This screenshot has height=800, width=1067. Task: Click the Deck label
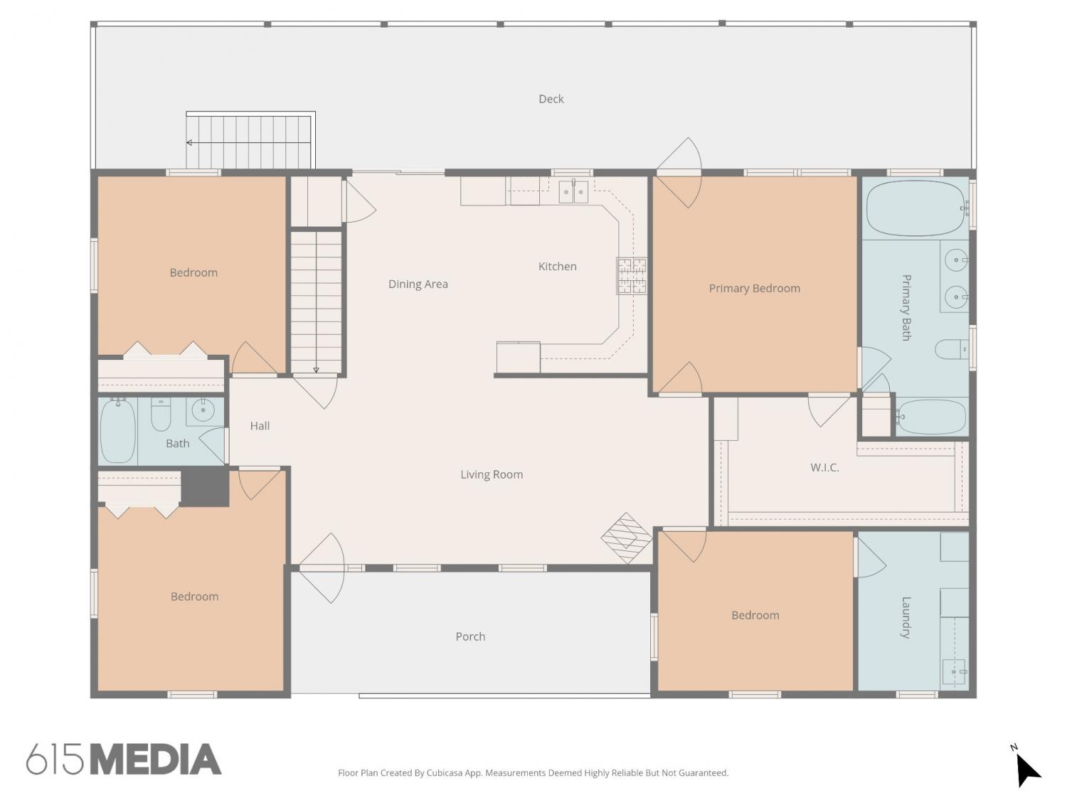coord(551,99)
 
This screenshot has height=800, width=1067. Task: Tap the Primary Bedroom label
coord(754,289)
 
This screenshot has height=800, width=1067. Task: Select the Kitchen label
coord(557,266)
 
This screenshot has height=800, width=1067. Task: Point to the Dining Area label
coord(418,284)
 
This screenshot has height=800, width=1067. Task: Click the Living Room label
coord(492,474)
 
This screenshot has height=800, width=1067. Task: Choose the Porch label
coord(470,636)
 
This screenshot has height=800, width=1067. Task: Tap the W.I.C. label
coord(824,468)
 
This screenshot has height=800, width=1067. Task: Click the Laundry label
coord(906,617)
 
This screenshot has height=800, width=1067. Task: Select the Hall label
coord(260,426)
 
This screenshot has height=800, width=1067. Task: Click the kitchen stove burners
coord(632,275)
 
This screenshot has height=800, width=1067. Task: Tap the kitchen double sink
coord(573,191)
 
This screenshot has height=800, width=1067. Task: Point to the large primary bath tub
coord(915,208)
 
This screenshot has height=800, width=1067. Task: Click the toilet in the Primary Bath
coord(951,349)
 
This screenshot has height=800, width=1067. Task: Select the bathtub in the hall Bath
coord(117,430)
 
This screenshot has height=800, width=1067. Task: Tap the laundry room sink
coord(954,672)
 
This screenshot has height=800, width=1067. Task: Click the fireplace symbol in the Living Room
coord(626,538)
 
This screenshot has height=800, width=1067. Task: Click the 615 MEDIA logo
coord(124,759)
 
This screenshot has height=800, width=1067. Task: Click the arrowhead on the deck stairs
coord(189,142)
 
